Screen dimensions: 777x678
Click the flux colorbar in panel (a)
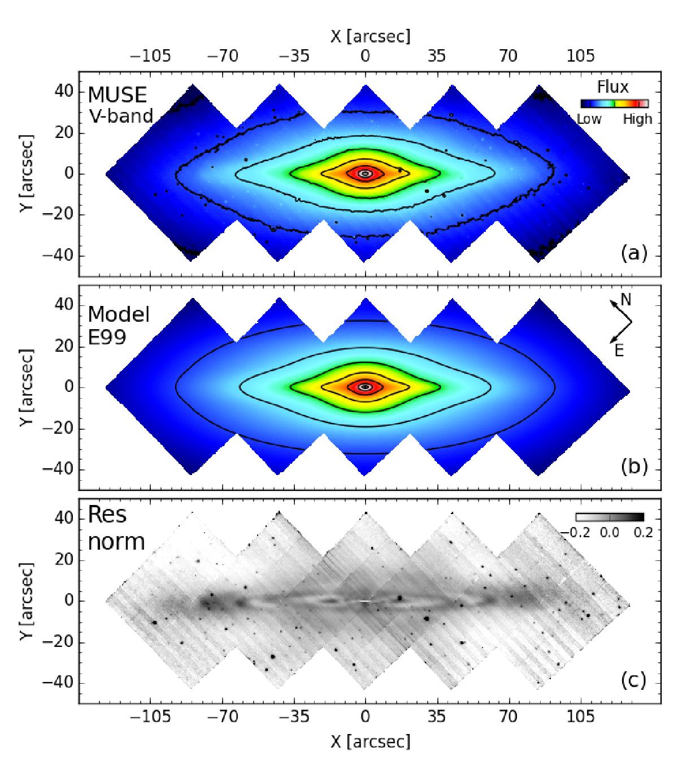(614, 103)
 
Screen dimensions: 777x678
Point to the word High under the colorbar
(637, 119)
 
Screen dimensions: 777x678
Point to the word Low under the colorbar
(589, 119)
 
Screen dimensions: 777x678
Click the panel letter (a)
(633, 254)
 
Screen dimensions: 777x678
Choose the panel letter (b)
(633, 467)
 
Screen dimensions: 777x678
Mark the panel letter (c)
(633, 680)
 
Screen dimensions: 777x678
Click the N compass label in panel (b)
(626, 300)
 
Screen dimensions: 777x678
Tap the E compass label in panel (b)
(619, 351)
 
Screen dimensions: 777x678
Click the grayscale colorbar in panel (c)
(610, 517)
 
